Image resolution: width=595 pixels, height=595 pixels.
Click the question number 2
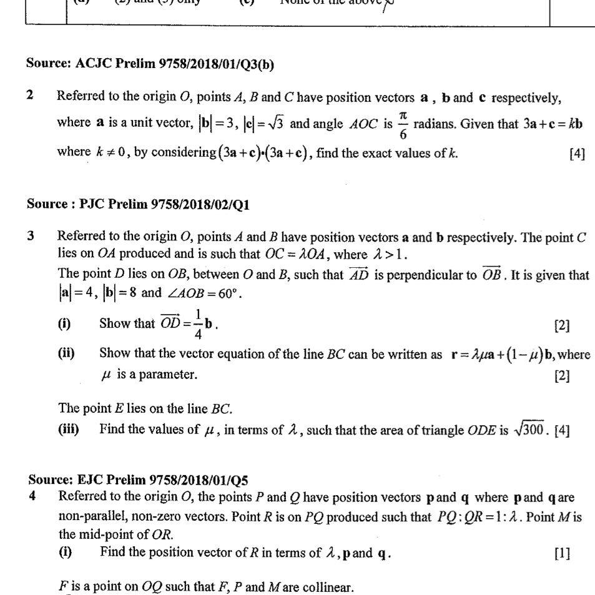(30, 96)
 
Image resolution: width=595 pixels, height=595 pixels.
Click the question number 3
(31, 236)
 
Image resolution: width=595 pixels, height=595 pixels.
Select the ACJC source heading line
(150, 64)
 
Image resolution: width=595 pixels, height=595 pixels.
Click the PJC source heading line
(139, 204)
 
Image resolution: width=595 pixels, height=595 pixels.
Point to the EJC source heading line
(138, 480)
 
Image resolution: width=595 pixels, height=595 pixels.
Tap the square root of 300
(530, 430)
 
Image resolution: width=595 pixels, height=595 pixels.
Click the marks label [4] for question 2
(577, 154)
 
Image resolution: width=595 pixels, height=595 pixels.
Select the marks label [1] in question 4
(562, 554)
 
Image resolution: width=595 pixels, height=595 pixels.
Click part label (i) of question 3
(65, 323)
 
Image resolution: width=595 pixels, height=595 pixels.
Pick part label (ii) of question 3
(66, 353)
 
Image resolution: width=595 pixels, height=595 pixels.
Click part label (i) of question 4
(65, 553)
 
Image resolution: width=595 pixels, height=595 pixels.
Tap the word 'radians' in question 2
(435, 123)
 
